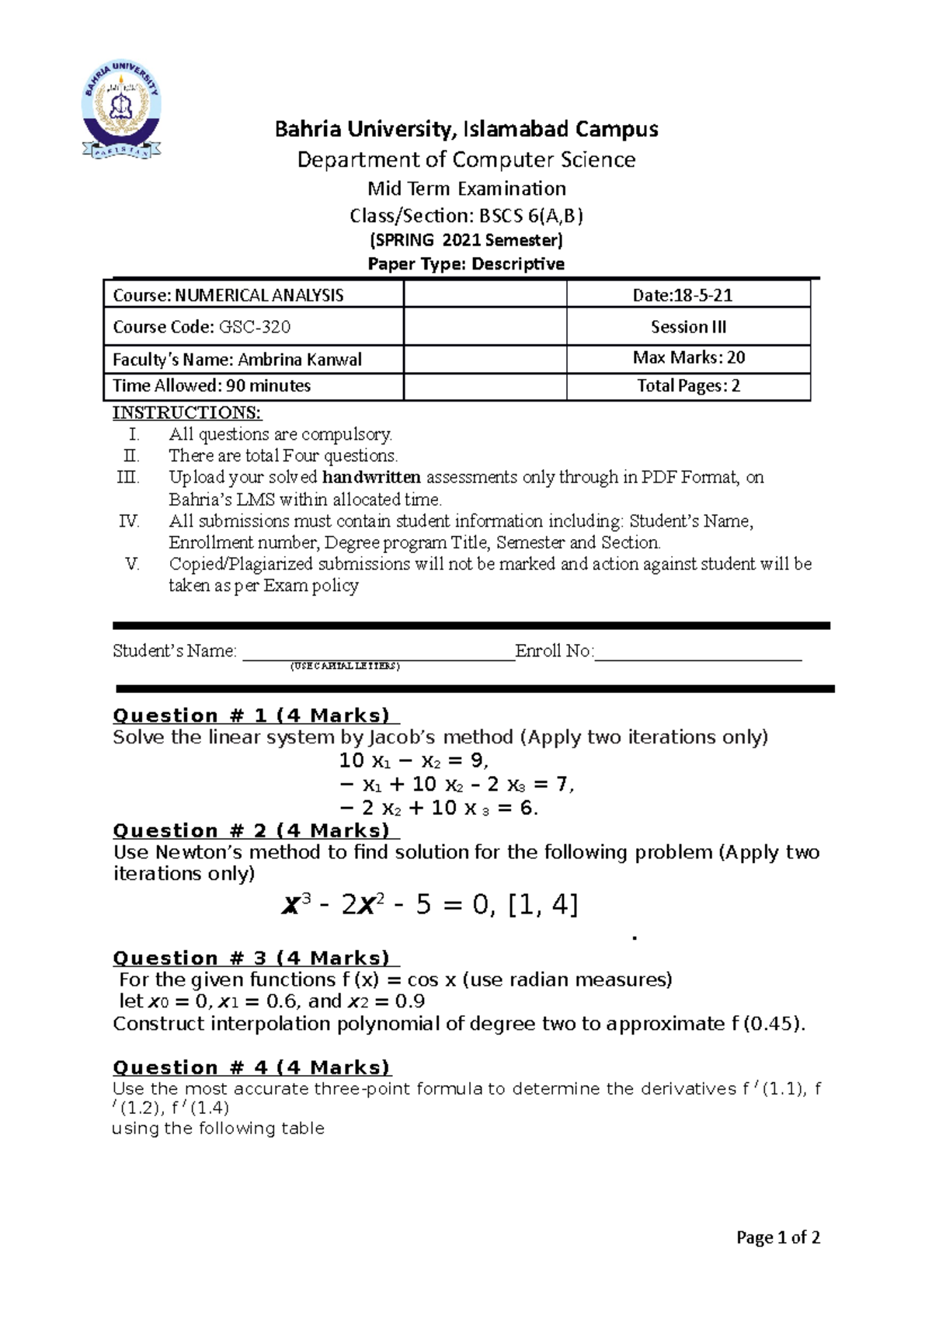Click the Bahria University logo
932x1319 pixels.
(x=122, y=110)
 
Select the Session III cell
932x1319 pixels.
(x=688, y=327)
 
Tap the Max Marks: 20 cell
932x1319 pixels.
(x=688, y=357)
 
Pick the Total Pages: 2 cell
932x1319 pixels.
(x=688, y=386)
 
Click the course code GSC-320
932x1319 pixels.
(x=255, y=327)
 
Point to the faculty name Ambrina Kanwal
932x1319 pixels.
(x=300, y=360)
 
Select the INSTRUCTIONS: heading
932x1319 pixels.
(x=186, y=412)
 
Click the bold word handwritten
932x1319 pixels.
(x=371, y=477)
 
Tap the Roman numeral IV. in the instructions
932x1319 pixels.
(x=129, y=521)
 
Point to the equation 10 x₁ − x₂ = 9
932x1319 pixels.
(x=413, y=760)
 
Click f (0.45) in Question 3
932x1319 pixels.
(x=766, y=1024)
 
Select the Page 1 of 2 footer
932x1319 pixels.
(x=777, y=1237)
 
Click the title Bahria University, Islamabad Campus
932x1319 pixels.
(x=466, y=129)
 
